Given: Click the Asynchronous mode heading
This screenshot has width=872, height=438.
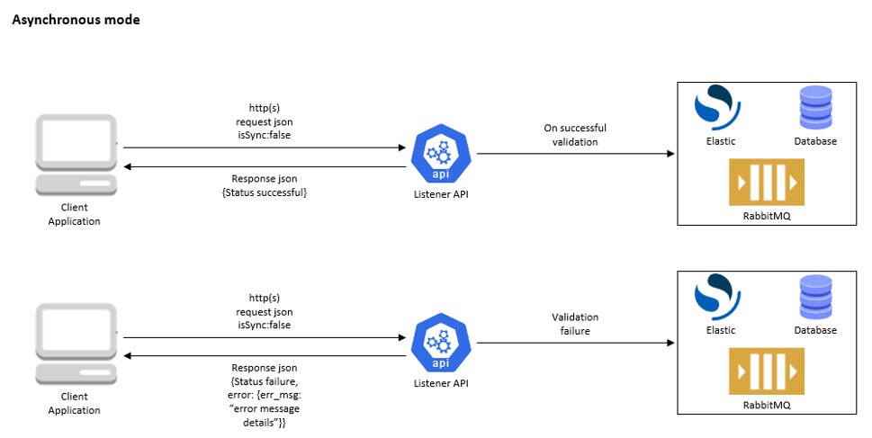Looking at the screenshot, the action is pyautogui.click(x=76, y=20).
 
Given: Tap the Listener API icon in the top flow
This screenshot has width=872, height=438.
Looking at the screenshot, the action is pyautogui.click(x=441, y=154).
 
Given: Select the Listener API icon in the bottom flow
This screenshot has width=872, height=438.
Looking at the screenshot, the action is pyautogui.click(x=441, y=343).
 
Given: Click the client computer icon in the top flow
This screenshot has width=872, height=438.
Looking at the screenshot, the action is pyautogui.click(x=76, y=155).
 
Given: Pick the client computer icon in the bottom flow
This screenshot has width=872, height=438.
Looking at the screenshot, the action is pyautogui.click(x=76, y=344).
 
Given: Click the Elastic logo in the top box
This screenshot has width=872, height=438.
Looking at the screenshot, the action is pyautogui.click(x=717, y=108).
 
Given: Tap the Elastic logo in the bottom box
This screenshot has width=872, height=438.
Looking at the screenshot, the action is pyautogui.click(x=717, y=297).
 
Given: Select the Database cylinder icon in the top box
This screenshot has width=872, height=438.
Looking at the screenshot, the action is pyautogui.click(x=815, y=108).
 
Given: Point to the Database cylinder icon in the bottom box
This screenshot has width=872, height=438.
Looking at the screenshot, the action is pyautogui.click(x=815, y=297).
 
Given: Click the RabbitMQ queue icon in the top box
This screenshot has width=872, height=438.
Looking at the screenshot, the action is pyautogui.click(x=767, y=183).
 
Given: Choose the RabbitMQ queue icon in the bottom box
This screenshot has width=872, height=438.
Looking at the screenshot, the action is pyautogui.click(x=767, y=371).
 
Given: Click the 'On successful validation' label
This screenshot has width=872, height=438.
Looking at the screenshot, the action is pyautogui.click(x=575, y=135).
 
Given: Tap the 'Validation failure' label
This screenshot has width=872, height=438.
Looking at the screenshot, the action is pyautogui.click(x=575, y=324).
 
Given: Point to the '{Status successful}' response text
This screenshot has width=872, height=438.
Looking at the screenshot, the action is pyautogui.click(x=265, y=192).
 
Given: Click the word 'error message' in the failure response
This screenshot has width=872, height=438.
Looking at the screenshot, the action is pyautogui.click(x=265, y=409).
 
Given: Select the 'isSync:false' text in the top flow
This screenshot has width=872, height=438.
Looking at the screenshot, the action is pyautogui.click(x=265, y=135).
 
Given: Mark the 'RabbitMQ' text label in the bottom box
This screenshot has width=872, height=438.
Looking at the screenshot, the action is pyautogui.click(x=767, y=406).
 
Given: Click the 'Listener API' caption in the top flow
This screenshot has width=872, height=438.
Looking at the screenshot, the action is pyautogui.click(x=441, y=194).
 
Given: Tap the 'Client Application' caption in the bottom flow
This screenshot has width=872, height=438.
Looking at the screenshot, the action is pyautogui.click(x=75, y=404).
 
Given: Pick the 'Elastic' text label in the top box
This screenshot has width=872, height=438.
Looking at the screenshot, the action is pyautogui.click(x=721, y=141).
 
